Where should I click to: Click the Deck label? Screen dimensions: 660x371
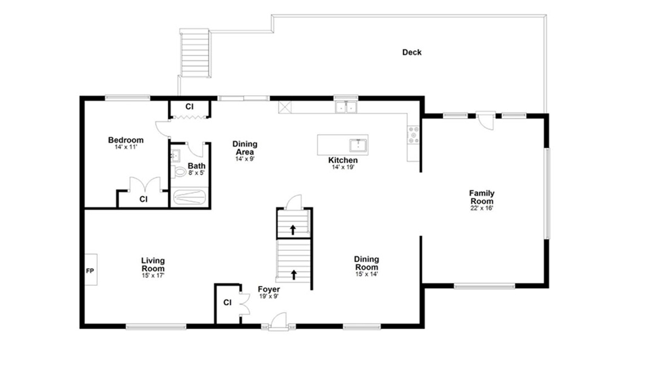411,52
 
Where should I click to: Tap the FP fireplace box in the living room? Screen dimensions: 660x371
91,269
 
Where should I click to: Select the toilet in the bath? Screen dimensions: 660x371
179,171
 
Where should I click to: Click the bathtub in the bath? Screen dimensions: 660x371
189,197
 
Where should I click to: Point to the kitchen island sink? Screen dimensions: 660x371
358,146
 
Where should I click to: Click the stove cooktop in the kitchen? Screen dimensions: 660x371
413,135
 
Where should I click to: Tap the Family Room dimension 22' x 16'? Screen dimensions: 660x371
482,208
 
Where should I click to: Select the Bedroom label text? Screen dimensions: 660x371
126,140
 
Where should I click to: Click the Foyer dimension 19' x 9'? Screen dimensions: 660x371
269,296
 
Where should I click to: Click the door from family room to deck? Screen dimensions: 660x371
486,121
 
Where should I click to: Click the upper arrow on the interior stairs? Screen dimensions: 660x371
293,230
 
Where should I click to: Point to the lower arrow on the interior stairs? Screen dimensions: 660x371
294,274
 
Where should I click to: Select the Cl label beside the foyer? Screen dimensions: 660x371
228,302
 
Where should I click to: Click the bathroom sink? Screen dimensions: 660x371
176,156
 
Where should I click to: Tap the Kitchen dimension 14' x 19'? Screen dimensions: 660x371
343,167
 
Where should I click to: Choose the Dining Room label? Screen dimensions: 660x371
366,263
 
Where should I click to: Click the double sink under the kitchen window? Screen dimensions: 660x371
346,107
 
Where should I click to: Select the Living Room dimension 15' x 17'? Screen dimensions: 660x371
153,275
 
